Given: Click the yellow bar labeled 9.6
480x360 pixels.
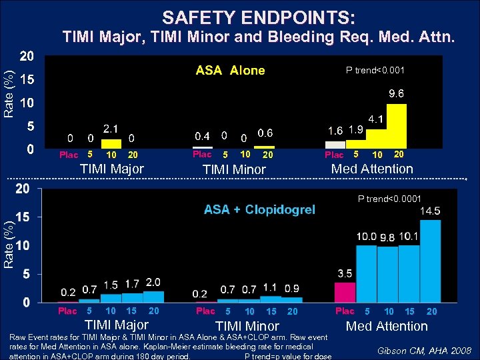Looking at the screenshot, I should pyautogui.click(x=397, y=125).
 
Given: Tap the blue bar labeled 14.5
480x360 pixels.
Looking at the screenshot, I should pyautogui.click(x=430, y=261).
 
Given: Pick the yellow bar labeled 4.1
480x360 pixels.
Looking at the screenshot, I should pyautogui.click(x=375, y=137).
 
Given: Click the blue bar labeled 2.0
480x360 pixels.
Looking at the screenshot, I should pyautogui.click(x=153, y=297).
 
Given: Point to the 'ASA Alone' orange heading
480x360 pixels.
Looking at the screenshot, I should pyautogui.click(x=230, y=71).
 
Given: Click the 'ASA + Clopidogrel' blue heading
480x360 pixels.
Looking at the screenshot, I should pyautogui.click(x=259, y=210).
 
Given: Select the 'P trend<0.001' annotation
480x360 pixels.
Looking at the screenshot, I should pyautogui.click(x=375, y=70).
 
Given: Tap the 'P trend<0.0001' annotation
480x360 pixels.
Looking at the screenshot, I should pyautogui.click(x=389, y=198).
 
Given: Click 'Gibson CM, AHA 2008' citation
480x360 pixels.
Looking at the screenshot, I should pyautogui.click(x=425, y=350).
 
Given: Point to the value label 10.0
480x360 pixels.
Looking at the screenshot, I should pyautogui.click(x=367, y=236).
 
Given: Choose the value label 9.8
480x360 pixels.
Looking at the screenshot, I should pyautogui.click(x=388, y=237).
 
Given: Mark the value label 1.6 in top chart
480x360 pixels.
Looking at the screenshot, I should pyautogui.click(x=335, y=130).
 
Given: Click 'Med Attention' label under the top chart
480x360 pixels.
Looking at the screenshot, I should pyautogui.click(x=372, y=169).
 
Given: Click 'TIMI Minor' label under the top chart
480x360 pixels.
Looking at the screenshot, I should pyautogui.click(x=234, y=169).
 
